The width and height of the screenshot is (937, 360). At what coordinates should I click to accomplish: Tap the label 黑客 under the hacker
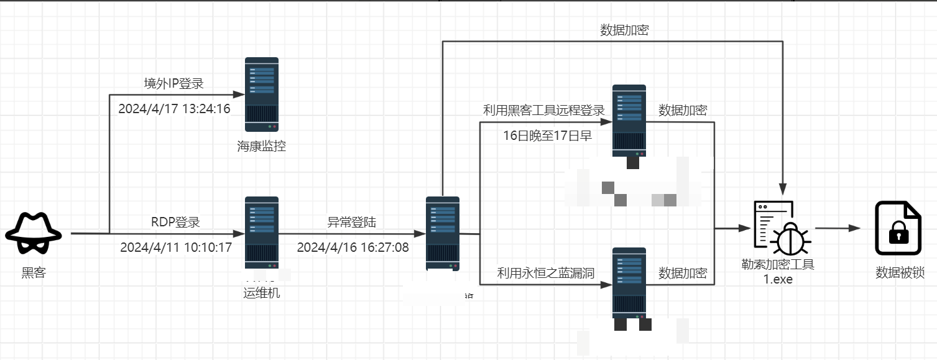[34, 272]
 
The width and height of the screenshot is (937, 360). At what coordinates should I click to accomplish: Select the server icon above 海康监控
[261, 95]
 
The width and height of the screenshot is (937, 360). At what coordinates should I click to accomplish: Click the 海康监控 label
[261, 147]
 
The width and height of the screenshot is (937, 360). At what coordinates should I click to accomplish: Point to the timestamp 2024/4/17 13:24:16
[174, 109]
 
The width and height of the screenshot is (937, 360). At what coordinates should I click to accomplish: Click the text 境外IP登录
[174, 84]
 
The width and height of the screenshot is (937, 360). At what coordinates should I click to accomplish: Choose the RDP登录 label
[175, 222]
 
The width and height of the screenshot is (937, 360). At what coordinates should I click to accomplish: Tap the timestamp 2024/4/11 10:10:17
[175, 247]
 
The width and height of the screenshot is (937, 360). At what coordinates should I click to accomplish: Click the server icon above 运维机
[261, 233]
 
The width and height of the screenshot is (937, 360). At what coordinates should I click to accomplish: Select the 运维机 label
[261, 293]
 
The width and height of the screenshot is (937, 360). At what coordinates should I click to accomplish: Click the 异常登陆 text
[352, 222]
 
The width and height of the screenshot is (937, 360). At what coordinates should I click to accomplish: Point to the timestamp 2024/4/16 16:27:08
[353, 247]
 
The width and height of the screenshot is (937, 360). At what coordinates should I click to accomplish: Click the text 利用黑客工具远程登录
[544, 111]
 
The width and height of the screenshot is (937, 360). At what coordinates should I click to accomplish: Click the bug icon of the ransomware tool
[789, 238]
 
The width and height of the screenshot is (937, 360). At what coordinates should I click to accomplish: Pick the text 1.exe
[778, 279]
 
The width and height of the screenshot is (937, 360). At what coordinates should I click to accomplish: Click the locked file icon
[898, 228]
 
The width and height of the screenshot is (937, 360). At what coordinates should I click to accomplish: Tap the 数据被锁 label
[900, 272]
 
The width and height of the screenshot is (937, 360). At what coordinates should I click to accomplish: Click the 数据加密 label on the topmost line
[624, 30]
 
